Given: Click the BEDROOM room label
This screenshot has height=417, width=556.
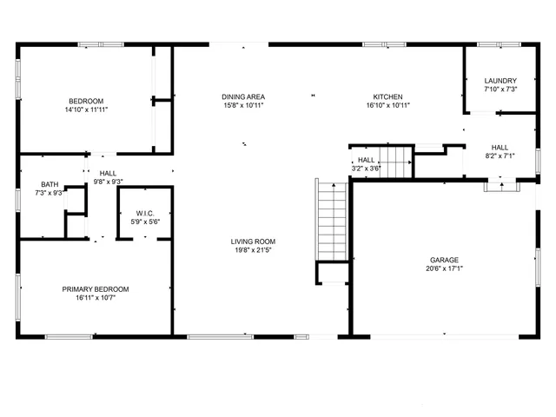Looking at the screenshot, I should point(86,101).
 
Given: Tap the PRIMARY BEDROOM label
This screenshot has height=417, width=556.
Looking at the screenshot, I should point(96,289).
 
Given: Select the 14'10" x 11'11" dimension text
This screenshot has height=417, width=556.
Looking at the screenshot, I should point(86,110).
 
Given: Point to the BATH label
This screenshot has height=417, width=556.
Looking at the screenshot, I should point(50,184).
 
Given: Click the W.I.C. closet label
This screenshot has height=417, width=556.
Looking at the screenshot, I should point(145,213).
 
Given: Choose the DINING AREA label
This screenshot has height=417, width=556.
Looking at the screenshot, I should point(243,96).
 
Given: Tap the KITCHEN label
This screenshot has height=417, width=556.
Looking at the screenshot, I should point(388,96).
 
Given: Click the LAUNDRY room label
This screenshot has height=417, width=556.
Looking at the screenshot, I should point(500,81).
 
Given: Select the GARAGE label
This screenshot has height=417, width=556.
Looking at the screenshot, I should point(444,260).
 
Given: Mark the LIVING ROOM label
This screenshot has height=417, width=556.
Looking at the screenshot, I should point(253,242).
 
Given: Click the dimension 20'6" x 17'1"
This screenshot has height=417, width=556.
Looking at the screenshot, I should point(444,269).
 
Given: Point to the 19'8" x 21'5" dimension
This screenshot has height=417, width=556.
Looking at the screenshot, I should point(253,251).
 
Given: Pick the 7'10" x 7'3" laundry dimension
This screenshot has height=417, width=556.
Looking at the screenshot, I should point(500,89).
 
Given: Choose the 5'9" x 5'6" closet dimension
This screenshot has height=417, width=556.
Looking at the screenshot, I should point(145,222).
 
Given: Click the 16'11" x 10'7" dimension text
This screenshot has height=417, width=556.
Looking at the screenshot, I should point(96,299).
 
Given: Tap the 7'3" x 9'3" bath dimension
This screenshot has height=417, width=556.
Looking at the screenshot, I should point(50,193).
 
